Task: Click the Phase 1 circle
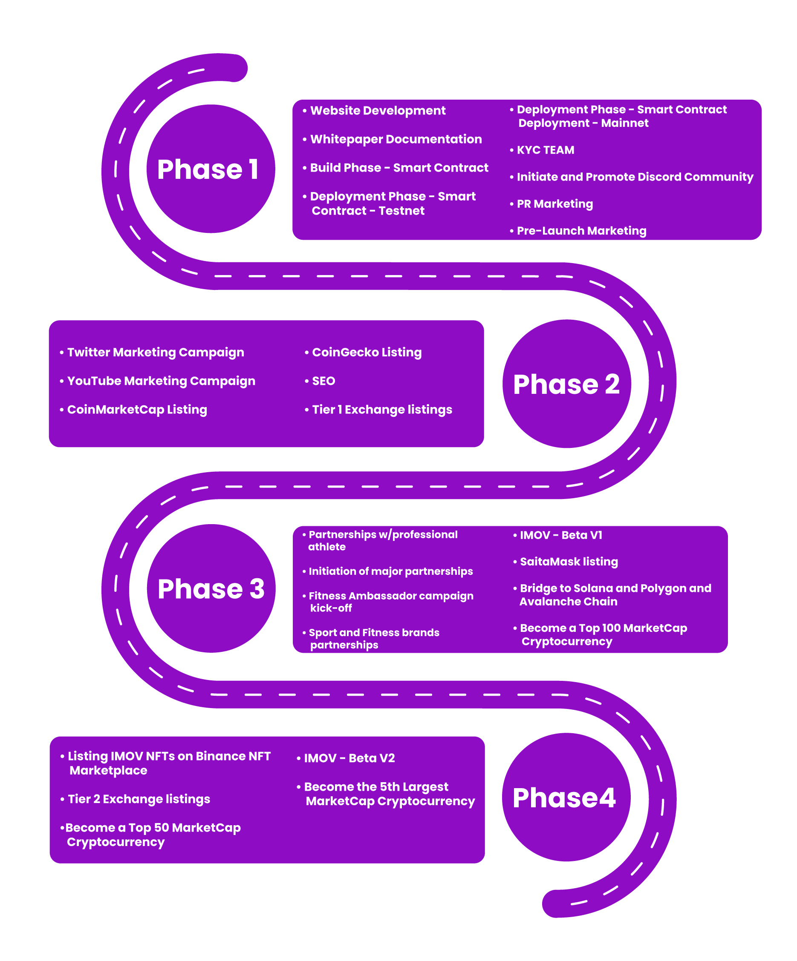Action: [x=210, y=169]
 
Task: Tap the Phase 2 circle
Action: [x=566, y=384]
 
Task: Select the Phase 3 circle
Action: [x=211, y=588]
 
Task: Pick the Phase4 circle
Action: [x=566, y=797]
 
